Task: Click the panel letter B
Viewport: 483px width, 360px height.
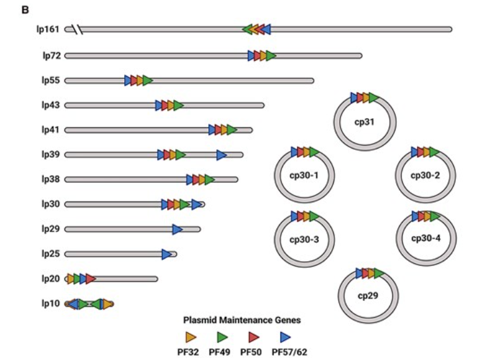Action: pos(25,10)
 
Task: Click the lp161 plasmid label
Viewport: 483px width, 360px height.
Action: pos(48,29)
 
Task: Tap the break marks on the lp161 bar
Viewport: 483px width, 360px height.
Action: pos(77,29)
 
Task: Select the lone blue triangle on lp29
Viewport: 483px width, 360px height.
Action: pos(177,229)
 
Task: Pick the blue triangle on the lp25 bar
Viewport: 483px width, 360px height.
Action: pos(167,254)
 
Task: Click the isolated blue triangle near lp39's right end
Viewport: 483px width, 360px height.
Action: pos(222,154)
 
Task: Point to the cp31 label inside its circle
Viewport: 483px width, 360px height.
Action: pos(364,122)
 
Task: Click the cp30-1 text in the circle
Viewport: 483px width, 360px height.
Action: pos(304,176)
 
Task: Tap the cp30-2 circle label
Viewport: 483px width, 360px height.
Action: pos(425,176)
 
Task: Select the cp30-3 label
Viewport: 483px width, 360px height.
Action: pos(304,239)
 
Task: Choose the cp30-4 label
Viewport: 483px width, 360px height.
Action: pos(426,238)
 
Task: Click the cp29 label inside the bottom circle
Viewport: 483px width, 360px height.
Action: pos(368,296)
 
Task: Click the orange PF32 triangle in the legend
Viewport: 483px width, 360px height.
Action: pos(191,337)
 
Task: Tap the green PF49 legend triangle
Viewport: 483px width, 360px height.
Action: pos(222,337)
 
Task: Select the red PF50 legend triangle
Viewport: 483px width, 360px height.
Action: pos(254,337)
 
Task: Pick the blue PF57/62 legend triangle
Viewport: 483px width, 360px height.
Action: pos(285,337)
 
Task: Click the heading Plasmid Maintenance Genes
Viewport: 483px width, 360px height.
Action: pos(242,320)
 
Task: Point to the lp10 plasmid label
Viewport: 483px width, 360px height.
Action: pos(51,304)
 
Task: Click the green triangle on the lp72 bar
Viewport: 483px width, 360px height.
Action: pos(271,56)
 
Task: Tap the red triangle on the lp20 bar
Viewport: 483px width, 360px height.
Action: pos(90,278)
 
